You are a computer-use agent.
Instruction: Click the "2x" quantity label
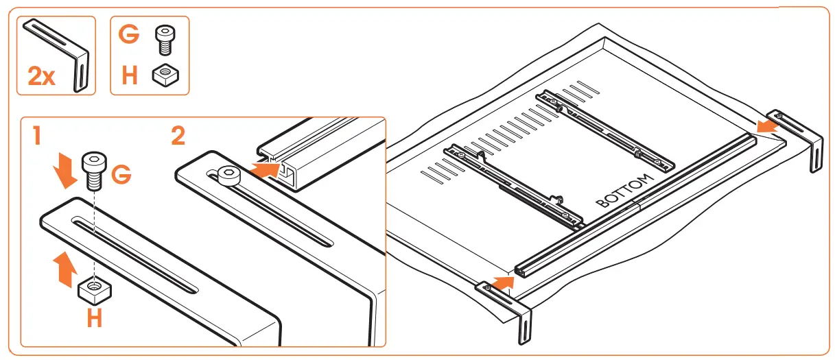click(41, 76)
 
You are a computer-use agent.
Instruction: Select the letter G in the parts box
click(129, 35)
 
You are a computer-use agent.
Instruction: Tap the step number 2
click(177, 134)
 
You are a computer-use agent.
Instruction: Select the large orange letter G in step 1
click(121, 176)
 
